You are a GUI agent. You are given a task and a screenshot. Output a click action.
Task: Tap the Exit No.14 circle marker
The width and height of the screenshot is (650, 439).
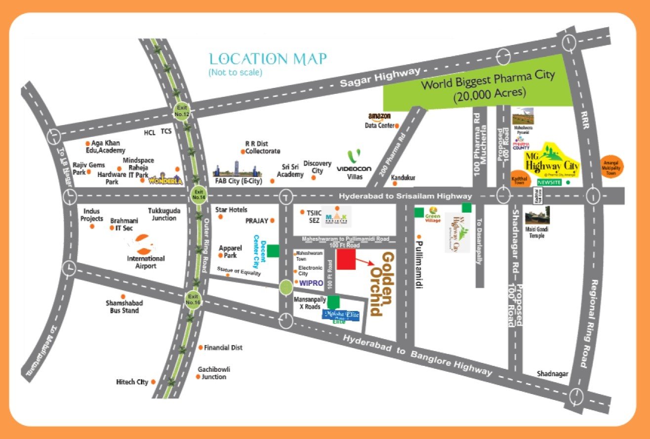pos(199,194)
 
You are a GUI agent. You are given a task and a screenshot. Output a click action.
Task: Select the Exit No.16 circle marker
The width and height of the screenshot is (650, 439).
pos(193,299)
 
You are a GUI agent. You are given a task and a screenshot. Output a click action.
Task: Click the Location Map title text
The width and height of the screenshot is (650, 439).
pos(268,59)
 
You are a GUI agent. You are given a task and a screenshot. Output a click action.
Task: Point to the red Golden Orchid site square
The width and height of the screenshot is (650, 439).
pos(346,260)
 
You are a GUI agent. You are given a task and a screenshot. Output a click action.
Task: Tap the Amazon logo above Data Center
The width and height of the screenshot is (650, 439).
pos(379,117)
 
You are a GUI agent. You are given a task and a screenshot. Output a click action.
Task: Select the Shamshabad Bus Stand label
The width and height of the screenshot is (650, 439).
pos(122,307)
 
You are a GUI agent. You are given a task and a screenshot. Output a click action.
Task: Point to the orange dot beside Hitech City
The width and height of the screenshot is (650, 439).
pos(154,382)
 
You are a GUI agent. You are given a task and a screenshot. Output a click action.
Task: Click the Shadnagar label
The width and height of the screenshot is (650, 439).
pos(553,374)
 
